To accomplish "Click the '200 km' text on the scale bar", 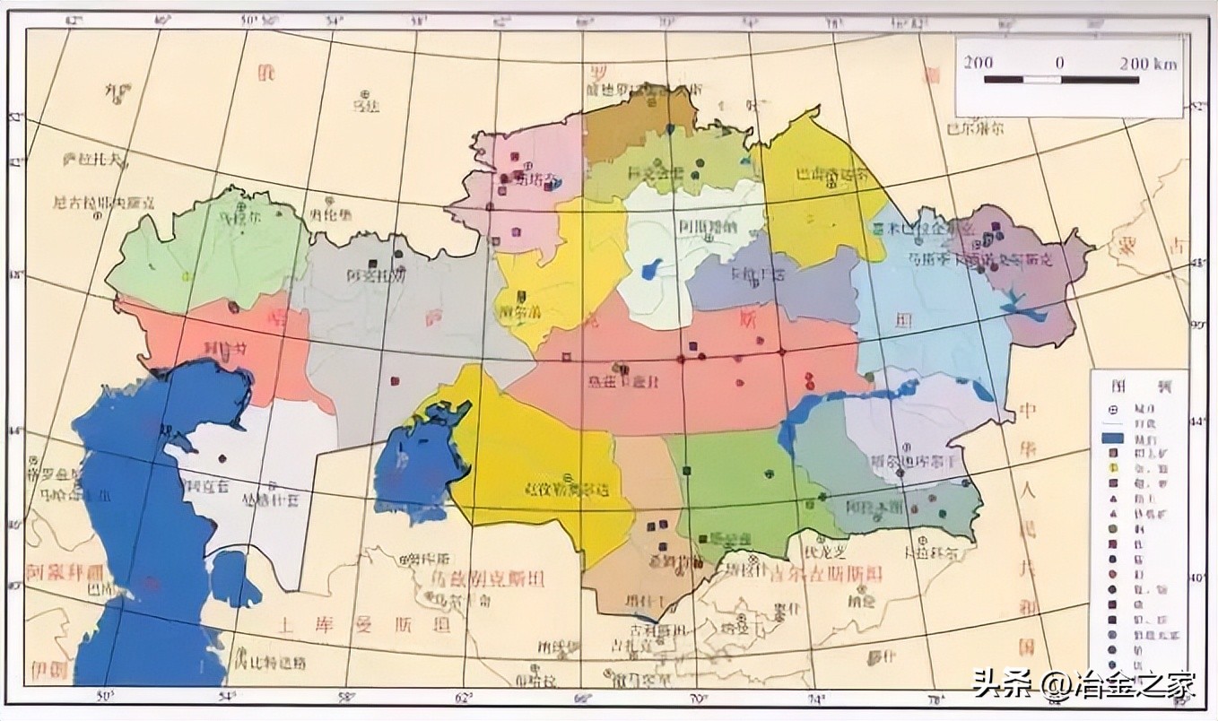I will (x=1149, y=64).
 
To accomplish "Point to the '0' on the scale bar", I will (x=1059, y=64).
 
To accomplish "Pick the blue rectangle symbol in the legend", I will (x=1113, y=439).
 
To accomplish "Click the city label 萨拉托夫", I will (x=95, y=161).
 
